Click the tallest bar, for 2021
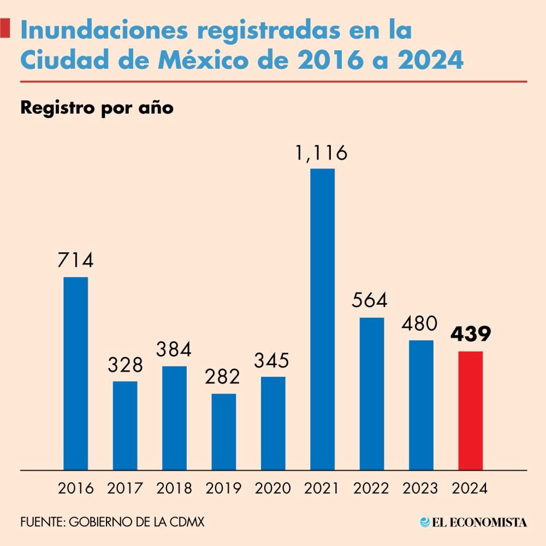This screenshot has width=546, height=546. coord(322,319)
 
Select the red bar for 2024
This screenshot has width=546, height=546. coord(470,410)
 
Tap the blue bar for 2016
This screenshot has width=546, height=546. coord(76,373)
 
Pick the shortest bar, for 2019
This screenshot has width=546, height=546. coord(224,431)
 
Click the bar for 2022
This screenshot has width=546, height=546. coord(372,393)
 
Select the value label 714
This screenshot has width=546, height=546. coord(76,260)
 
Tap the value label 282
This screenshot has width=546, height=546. coord(223,377)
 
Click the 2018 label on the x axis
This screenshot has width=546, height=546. coord(174,488)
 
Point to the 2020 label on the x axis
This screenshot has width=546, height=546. coord(273,488)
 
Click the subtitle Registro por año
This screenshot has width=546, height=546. coord(97,108)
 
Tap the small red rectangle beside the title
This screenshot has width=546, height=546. coord(5,28)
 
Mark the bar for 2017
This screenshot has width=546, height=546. coord(125,425)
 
